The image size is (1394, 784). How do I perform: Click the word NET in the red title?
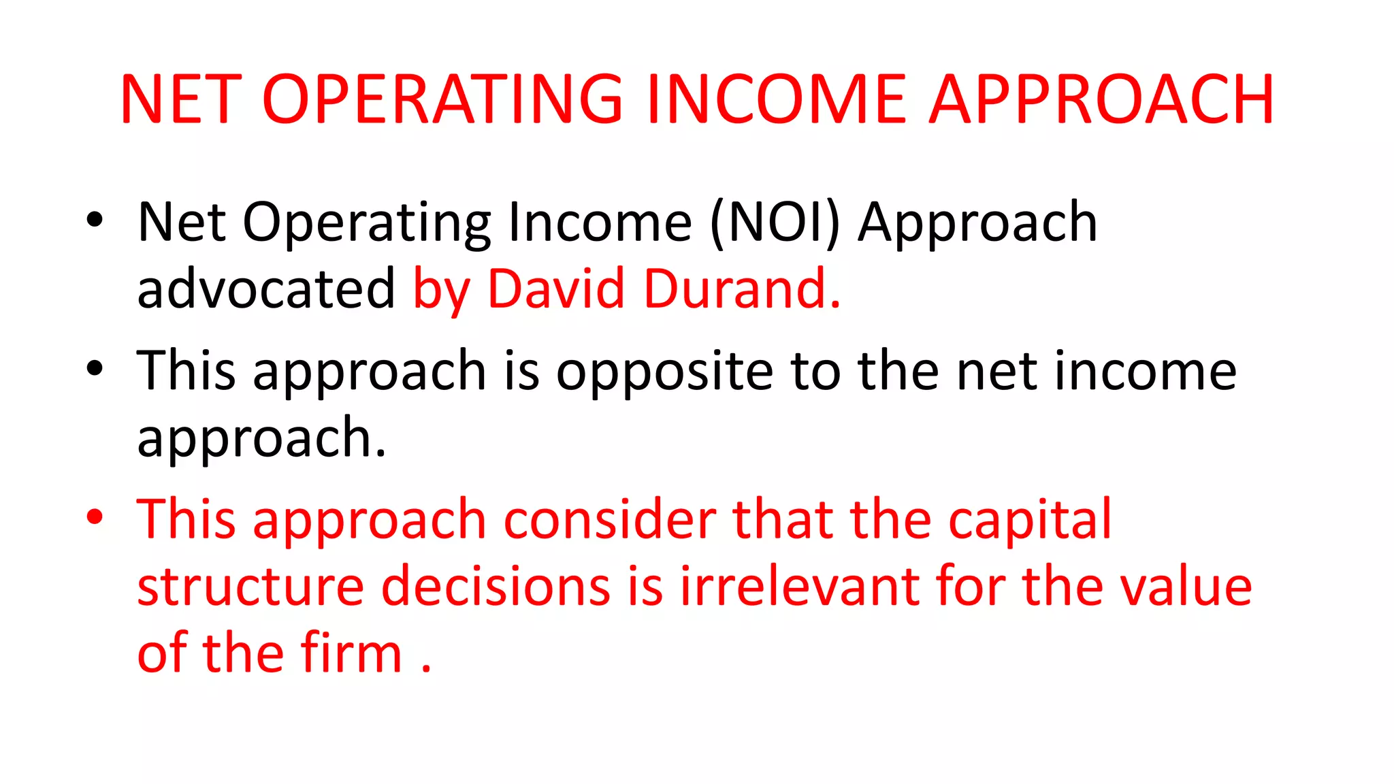180,100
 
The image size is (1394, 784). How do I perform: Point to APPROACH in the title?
1101,100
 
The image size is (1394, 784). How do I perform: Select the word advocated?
265,289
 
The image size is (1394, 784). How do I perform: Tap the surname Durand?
742,289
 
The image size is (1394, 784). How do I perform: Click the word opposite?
664,372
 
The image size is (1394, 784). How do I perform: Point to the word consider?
610,519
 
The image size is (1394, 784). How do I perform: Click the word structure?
250,587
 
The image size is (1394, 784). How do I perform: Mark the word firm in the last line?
352,653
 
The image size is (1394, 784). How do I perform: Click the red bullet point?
95,517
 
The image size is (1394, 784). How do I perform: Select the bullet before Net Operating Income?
95,219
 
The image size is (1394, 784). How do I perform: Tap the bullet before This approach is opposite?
95,368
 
